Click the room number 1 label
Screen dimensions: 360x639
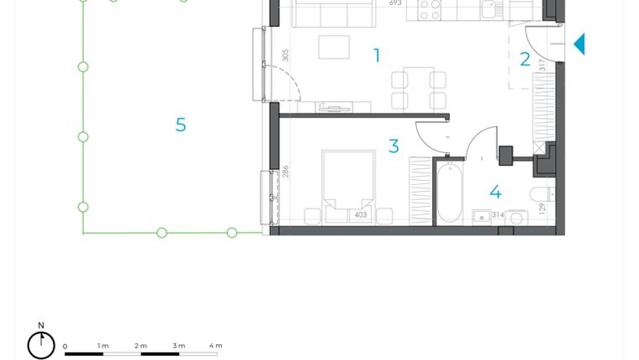click(377, 56)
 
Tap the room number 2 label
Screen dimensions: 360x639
click(525, 60)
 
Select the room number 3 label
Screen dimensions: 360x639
click(393, 146)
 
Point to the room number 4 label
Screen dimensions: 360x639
click(495, 193)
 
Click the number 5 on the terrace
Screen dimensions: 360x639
click(181, 125)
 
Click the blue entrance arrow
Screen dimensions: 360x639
click(579, 44)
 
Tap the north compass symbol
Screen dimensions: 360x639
click(41, 344)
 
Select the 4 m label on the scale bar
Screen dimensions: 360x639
click(215, 346)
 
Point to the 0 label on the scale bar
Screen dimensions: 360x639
click(65, 346)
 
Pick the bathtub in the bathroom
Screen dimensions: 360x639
click(449, 193)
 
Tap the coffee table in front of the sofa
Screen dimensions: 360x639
click(335, 47)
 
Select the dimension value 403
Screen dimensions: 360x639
click(360, 215)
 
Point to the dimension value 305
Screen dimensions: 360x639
click(286, 55)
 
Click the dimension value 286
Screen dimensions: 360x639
click(286, 172)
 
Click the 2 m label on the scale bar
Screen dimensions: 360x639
click(140, 346)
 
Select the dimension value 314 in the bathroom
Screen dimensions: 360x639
click(498, 215)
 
